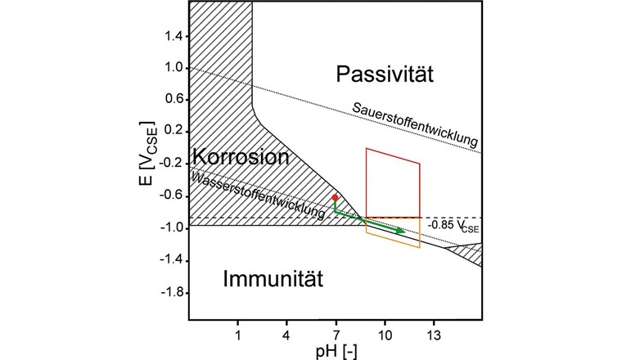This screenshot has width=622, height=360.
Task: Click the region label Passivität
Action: (384, 75)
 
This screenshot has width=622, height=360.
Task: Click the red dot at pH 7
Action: (335, 197)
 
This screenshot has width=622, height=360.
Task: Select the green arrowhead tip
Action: (405, 232)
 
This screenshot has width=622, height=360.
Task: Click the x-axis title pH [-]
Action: (336, 350)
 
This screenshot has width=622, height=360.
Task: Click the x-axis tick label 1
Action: (237, 334)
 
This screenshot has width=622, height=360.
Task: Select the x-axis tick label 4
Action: (286, 334)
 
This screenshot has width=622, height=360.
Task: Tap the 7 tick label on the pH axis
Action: (336, 334)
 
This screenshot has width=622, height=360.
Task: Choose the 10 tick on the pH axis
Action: (385, 334)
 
